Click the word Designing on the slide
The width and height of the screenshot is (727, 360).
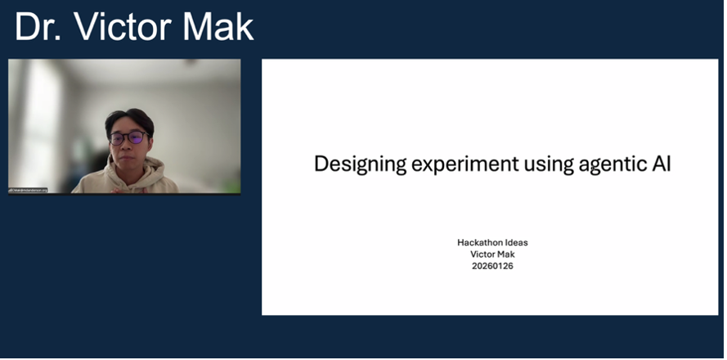[359, 164]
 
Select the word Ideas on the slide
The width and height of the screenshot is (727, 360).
[514, 243]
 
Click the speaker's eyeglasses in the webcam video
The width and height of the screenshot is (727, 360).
[128, 138]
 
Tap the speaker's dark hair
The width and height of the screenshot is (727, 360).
[128, 119]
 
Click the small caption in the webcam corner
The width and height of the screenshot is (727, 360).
[28, 190]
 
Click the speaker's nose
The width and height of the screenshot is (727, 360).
[128, 146]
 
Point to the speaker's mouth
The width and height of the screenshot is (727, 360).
[128, 155]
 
